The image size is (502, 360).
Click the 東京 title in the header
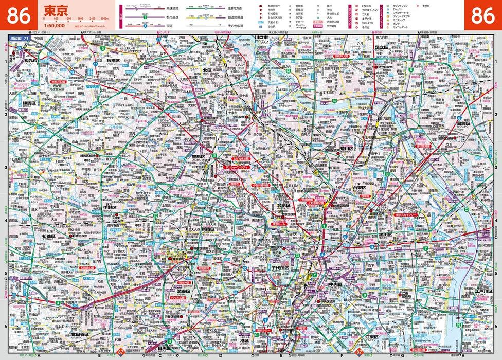point(55,10)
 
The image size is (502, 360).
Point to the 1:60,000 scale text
point(55,25)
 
